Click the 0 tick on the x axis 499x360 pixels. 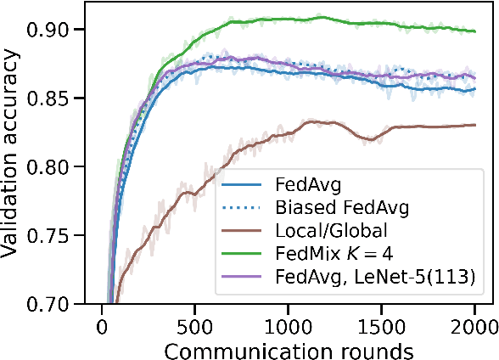click(102, 325)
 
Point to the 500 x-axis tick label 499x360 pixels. click(195, 325)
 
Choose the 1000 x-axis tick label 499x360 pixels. click(289, 325)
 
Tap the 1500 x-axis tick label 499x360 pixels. click(382, 325)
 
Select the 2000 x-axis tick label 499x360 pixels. click(474, 325)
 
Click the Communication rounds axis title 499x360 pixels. click(289, 349)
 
